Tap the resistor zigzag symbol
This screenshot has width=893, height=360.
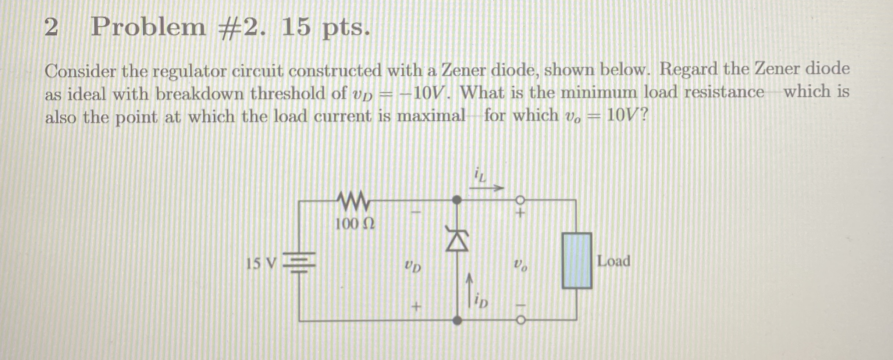(353, 200)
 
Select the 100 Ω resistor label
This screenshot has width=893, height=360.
(355, 224)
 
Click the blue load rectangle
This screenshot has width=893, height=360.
(577, 260)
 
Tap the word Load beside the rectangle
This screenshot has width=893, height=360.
(613, 261)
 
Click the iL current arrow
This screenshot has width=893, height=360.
(486, 189)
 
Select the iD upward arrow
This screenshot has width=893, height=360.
(469, 291)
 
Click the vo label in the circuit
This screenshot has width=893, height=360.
(520, 264)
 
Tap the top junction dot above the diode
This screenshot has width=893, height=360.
(457, 200)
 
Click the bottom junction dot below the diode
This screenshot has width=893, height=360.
(457, 320)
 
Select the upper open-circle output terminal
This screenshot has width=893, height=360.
(520, 200)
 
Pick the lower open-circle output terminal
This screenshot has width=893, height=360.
(520, 320)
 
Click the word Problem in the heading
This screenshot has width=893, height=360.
(148, 27)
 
